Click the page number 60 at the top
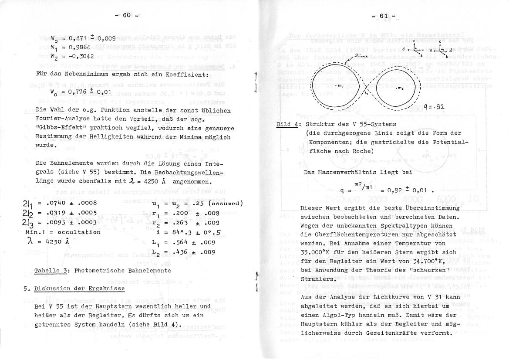pos(127,15)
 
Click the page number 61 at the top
pos(383,16)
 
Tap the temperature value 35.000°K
pos(320,252)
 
